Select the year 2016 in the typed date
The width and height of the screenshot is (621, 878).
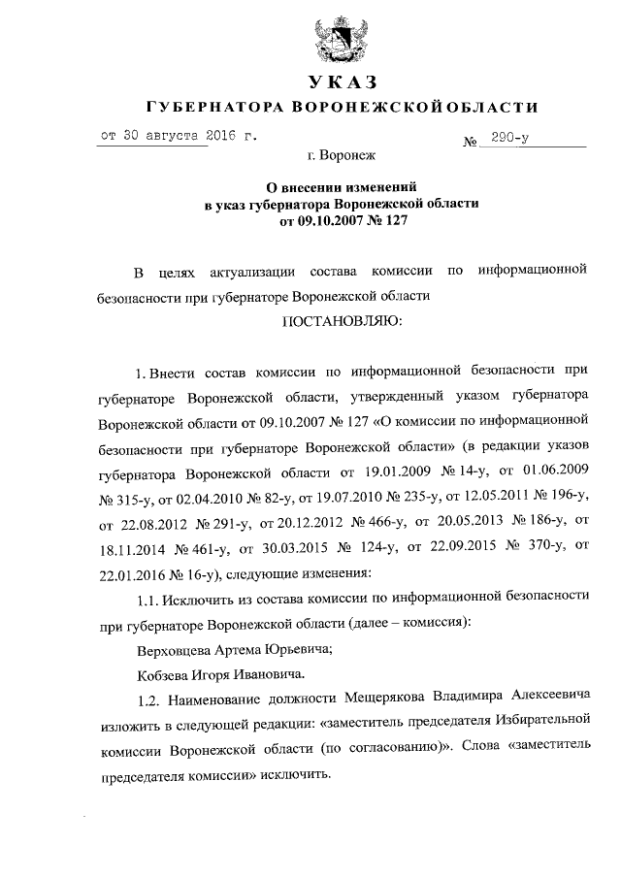point(224,137)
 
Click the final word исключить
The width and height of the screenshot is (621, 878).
point(300,775)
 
